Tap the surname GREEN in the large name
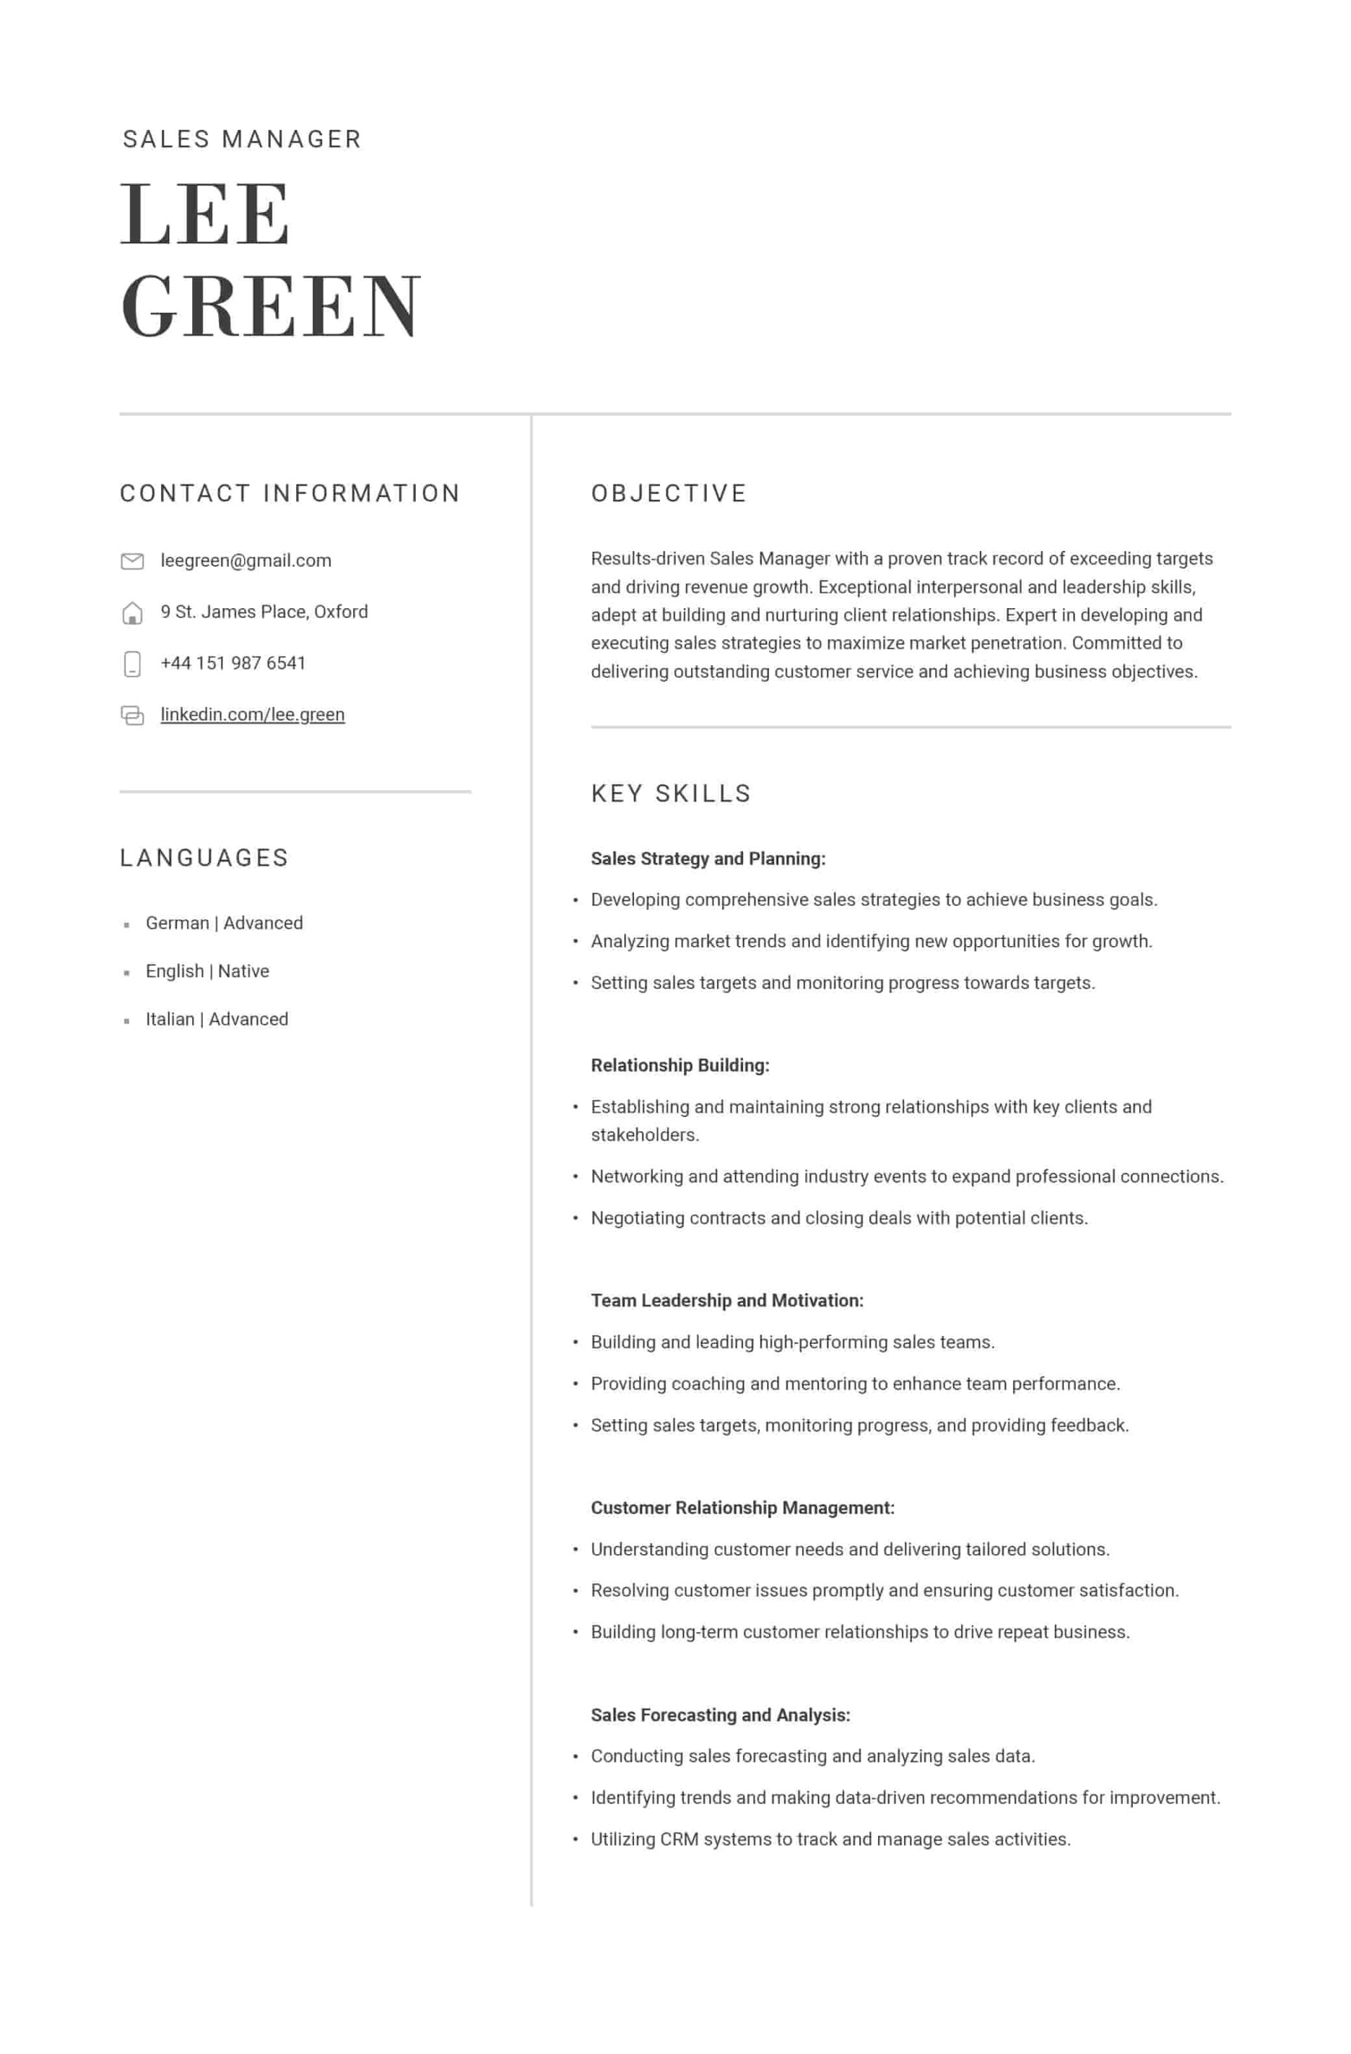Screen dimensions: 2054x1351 click(x=270, y=306)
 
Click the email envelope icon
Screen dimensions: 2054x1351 click(x=132, y=561)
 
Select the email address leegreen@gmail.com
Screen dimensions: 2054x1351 click(x=246, y=560)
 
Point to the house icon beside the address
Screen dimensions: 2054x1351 click(x=132, y=612)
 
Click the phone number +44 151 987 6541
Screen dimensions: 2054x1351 click(x=233, y=663)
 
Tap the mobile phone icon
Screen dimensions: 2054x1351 click(x=132, y=664)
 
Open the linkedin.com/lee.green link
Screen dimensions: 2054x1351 click(x=252, y=714)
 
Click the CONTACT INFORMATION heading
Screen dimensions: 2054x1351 click(x=290, y=493)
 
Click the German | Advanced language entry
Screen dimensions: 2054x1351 click(x=224, y=923)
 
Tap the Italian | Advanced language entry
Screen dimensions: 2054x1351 click(x=217, y=1019)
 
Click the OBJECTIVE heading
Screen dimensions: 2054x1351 click(x=668, y=493)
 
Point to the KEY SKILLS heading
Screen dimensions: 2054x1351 click(x=671, y=793)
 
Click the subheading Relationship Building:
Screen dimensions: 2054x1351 click(x=680, y=1065)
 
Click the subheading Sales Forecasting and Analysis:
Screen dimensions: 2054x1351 click(x=721, y=1715)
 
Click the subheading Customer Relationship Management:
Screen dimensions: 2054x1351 click(x=742, y=1508)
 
